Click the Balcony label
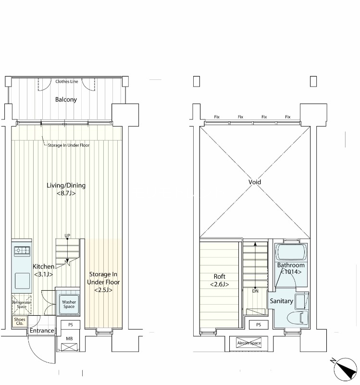point(66,100)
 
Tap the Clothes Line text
point(67,81)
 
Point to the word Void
point(255,182)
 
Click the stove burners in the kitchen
point(22,250)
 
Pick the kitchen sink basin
point(22,281)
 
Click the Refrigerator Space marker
point(22,305)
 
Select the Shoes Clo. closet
point(20,321)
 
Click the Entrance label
point(42,331)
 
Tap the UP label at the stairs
point(67,235)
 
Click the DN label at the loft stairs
point(255,291)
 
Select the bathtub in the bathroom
point(291,252)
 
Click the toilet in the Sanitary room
point(298,318)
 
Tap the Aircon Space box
point(249,343)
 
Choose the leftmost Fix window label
point(217,117)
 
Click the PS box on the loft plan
point(259,324)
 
